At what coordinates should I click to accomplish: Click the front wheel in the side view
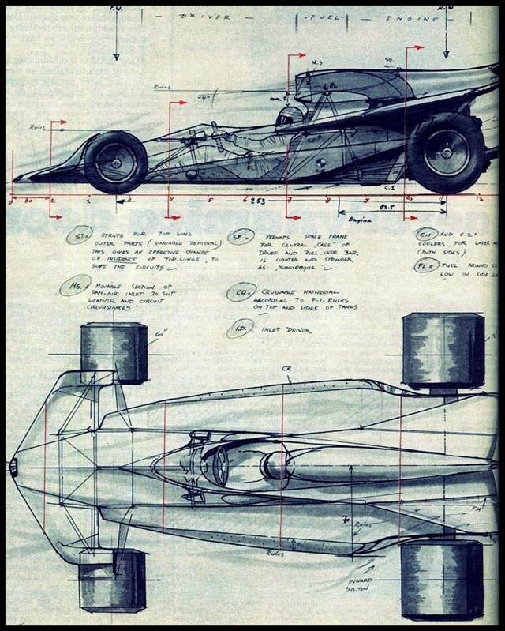tap(116, 162)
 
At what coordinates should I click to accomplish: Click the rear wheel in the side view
tap(445, 152)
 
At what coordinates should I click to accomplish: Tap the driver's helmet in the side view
tap(289, 117)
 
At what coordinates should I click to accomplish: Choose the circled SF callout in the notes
tap(239, 236)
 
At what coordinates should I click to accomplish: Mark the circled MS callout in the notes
tap(74, 286)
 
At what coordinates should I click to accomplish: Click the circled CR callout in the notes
tap(239, 293)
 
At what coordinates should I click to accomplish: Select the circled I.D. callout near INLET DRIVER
tap(240, 328)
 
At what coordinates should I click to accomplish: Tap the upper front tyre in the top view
tap(114, 353)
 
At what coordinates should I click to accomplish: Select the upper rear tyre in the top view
tap(443, 349)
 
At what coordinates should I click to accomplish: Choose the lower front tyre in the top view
tap(113, 580)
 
